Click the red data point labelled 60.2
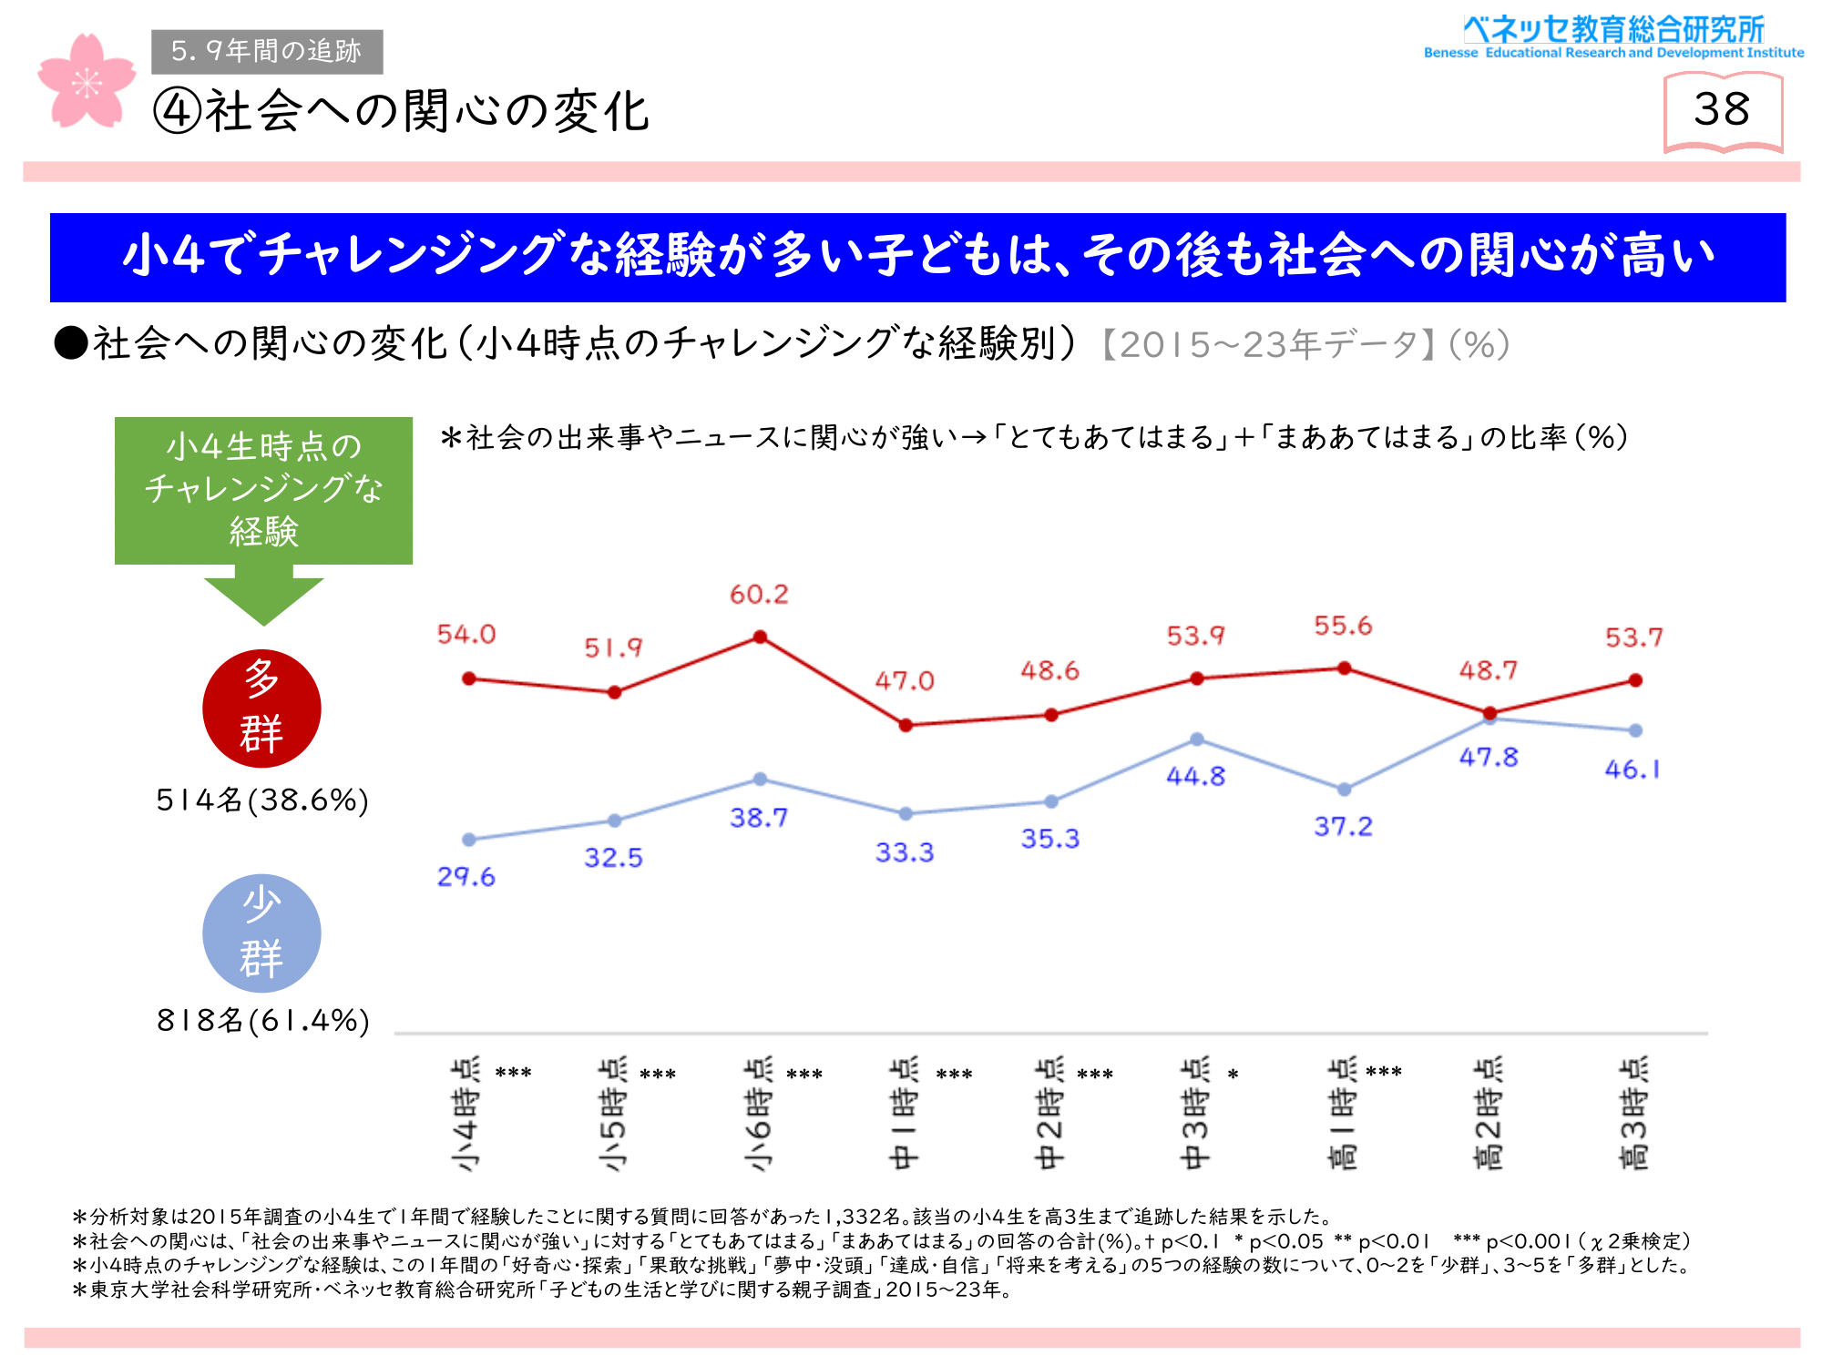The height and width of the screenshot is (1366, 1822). [x=760, y=637]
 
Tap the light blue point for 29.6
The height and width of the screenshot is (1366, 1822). [x=468, y=840]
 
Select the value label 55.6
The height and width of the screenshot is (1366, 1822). [x=1343, y=626]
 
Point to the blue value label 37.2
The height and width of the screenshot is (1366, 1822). [x=1343, y=827]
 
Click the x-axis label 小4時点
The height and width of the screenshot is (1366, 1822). [x=466, y=1114]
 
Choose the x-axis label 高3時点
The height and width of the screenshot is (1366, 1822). [x=1633, y=1114]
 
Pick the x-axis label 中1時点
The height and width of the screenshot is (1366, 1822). [x=904, y=1114]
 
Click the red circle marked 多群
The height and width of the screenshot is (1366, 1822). [x=261, y=708]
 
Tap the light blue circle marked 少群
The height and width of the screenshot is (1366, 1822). [x=261, y=933]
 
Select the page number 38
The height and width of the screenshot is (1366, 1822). [x=1722, y=110]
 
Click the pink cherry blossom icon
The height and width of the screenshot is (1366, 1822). [x=87, y=82]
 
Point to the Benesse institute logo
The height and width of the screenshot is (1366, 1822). [x=1613, y=36]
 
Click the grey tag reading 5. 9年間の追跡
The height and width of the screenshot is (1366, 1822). [x=267, y=51]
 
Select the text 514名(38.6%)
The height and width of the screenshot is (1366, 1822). [x=262, y=800]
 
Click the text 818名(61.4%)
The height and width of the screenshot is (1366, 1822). [x=262, y=1021]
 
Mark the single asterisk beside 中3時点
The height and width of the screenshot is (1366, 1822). [x=1233, y=1075]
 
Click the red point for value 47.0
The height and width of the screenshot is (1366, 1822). [x=906, y=726]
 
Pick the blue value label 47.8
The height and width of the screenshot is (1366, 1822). [x=1489, y=758]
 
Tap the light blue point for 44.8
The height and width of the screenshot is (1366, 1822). [x=1197, y=739]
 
